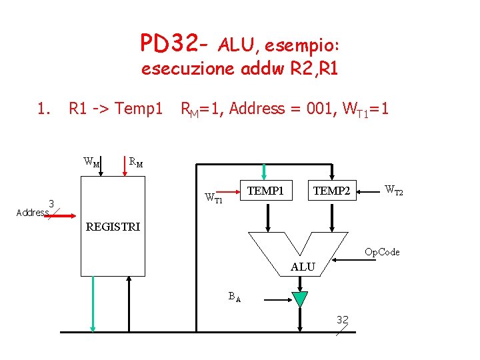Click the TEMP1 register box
click(265, 191)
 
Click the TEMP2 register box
click(331, 191)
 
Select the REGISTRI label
click(113, 227)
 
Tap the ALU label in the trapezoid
click(303, 267)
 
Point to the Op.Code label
click(382, 252)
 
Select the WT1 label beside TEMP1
click(214, 198)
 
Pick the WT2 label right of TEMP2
click(394, 191)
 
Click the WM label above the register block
click(91, 161)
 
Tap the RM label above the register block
click(135, 161)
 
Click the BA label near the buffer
click(234, 297)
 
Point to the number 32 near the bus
click(343, 319)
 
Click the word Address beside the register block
click(32, 213)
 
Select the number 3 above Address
click(51, 203)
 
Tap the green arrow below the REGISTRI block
click(93, 303)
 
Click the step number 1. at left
click(44, 108)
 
